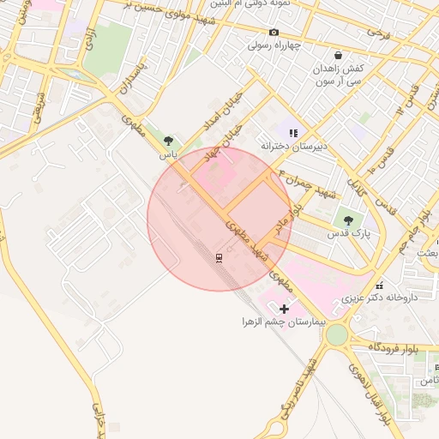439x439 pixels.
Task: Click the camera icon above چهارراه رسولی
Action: (x=274, y=33)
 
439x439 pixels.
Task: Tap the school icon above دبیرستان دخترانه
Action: (x=293, y=133)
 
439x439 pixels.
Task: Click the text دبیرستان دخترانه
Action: (x=295, y=146)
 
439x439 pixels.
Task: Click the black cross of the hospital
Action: (x=284, y=309)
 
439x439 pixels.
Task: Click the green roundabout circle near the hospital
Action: (x=337, y=334)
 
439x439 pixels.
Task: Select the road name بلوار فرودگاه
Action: (x=396, y=347)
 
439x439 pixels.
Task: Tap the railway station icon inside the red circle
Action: (x=219, y=258)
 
